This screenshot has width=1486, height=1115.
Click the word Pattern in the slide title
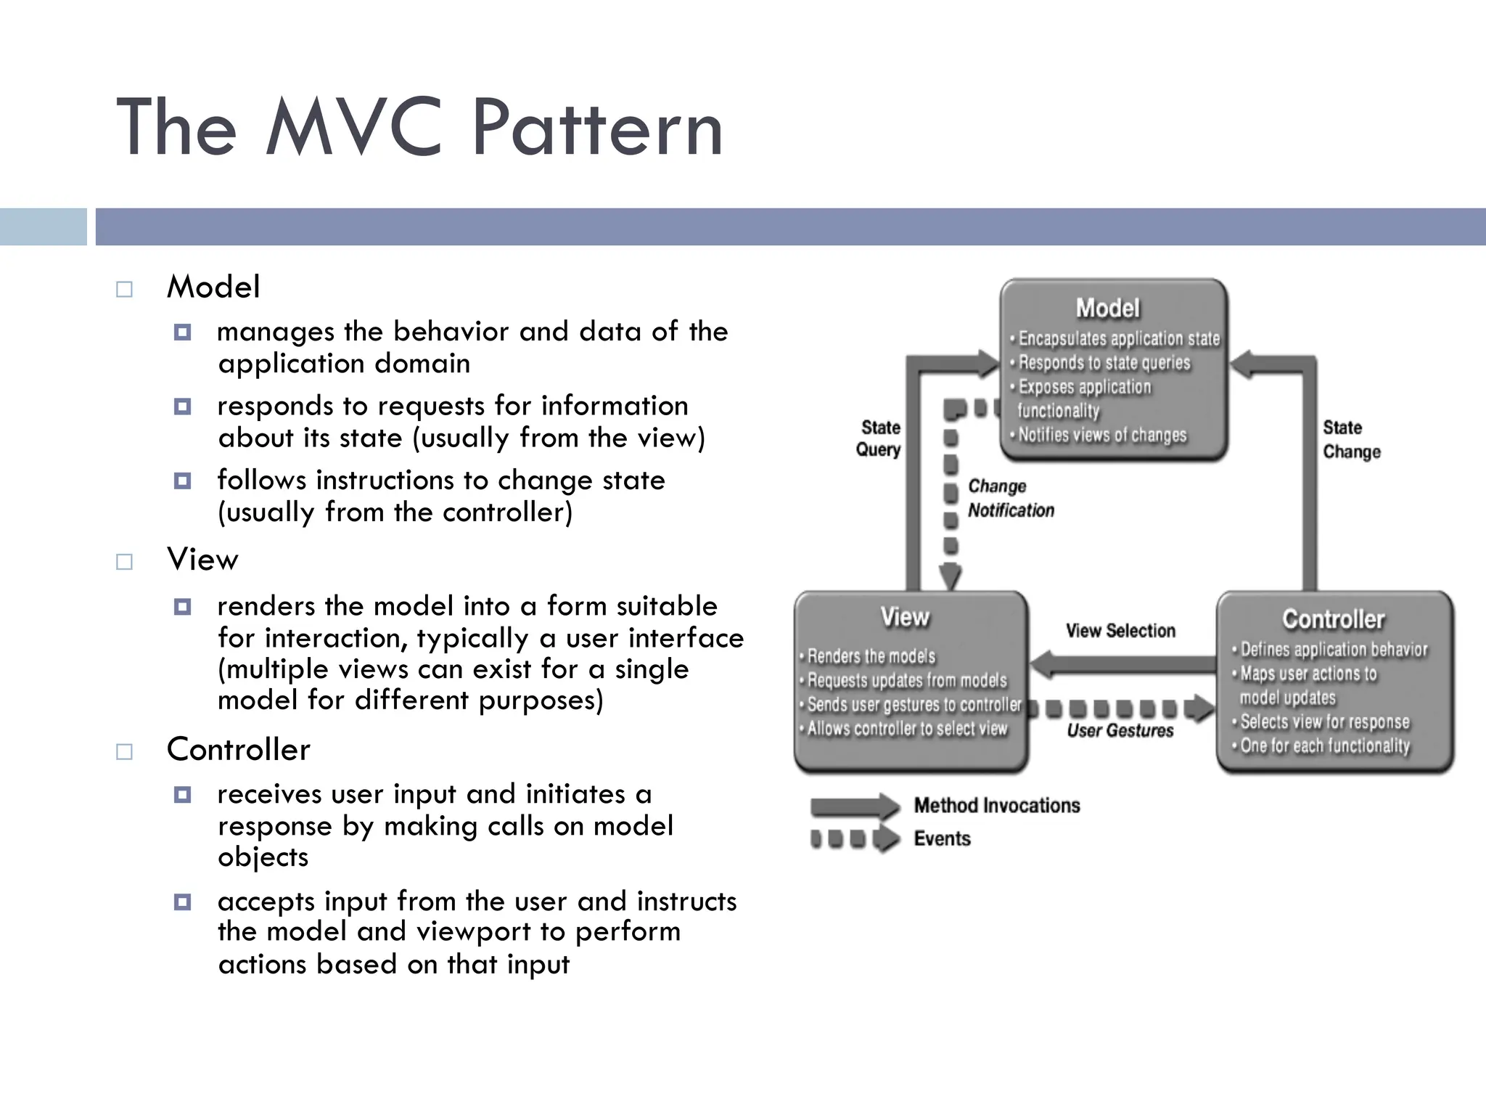coord(596,129)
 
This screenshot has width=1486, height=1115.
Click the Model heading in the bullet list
coord(213,287)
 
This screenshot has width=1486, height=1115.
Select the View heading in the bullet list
coord(202,560)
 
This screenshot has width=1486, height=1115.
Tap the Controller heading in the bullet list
coord(238,750)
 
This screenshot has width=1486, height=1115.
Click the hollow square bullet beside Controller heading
coord(125,751)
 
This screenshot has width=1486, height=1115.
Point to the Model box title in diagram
coord(1107,309)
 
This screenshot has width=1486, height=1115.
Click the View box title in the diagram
coord(904,617)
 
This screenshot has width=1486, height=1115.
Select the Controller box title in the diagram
coord(1333,619)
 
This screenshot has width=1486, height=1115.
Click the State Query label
coord(879,438)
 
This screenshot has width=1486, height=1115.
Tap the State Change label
coord(1350,439)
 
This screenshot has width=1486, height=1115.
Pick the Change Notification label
coord(1010,498)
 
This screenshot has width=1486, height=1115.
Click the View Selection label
coord(1120,631)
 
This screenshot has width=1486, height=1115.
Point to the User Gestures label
coord(1120,731)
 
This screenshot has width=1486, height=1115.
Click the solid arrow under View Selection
coord(1122,663)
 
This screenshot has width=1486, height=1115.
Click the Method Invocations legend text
coord(996,806)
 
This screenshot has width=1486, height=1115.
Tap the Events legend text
coord(942,839)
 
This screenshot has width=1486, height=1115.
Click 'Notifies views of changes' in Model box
coord(1101,436)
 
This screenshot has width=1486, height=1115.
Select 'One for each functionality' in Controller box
coord(1324,746)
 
